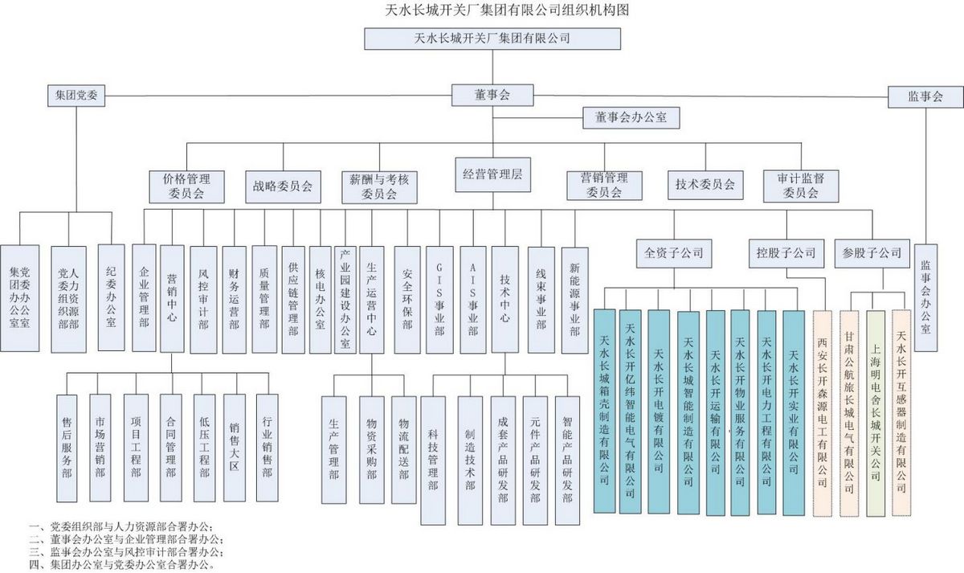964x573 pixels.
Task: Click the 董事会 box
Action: [492, 95]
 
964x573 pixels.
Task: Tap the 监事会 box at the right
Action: [925, 96]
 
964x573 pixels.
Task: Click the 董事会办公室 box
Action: [631, 117]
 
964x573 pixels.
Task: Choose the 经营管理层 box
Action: [492, 176]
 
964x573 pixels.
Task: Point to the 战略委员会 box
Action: [283, 186]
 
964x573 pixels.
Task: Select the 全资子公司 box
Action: [672, 253]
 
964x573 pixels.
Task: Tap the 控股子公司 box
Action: [786, 253]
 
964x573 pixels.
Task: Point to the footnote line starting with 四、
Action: [120, 565]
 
